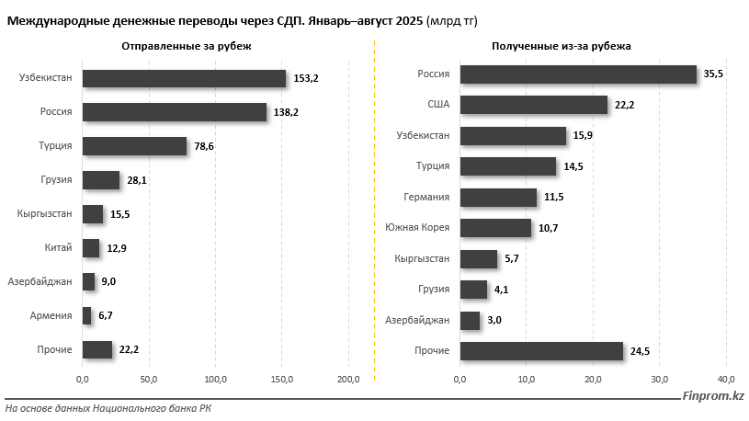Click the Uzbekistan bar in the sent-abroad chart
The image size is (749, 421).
(x=184, y=79)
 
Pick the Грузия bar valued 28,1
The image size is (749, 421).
(x=101, y=180)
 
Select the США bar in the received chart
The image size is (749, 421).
(x=533, y=105)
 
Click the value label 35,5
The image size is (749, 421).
(x=714, y=74)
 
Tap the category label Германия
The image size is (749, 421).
(x=426, y=197)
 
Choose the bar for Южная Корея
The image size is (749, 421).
(x=495, y=228)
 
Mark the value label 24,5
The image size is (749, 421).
(x=641, y=351)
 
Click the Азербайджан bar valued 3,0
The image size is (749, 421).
(x=470, y=320)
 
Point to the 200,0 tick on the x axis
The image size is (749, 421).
(x=349, y=379)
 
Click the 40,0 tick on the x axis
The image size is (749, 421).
(x=726, y=379)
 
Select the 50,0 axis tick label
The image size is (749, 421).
(x=149, y=379)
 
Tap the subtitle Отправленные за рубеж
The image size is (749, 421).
(x=186, y=45)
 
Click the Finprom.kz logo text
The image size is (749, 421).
(x=713, y=396)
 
